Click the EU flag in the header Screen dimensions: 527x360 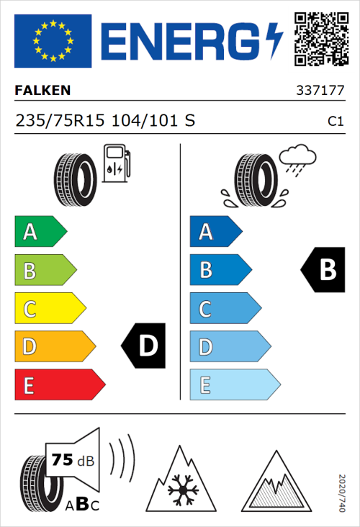(x=53, y=41)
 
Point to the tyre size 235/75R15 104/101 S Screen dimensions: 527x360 (x=105, y=121)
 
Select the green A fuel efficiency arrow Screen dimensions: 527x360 (x=40, y=232)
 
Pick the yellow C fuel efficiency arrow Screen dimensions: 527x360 (x=49, y=309)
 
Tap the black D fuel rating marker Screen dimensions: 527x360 (x=144, y=346)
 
